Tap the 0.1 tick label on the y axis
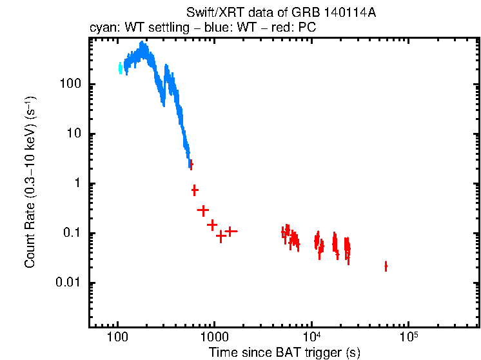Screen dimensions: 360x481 (x=72, y=234)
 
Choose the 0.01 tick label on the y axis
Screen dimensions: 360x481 (x=69, y=283)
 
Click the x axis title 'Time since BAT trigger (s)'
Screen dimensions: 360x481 (x=284, y=353)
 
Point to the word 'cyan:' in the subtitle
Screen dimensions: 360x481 (x=102, y=29)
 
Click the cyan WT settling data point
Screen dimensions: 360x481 (x=120, y=68)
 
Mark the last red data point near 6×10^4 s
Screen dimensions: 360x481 (x=386, y=266)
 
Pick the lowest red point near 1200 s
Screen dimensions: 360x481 (x=221, y=236)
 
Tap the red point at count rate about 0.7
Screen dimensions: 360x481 (x=195, y=190)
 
